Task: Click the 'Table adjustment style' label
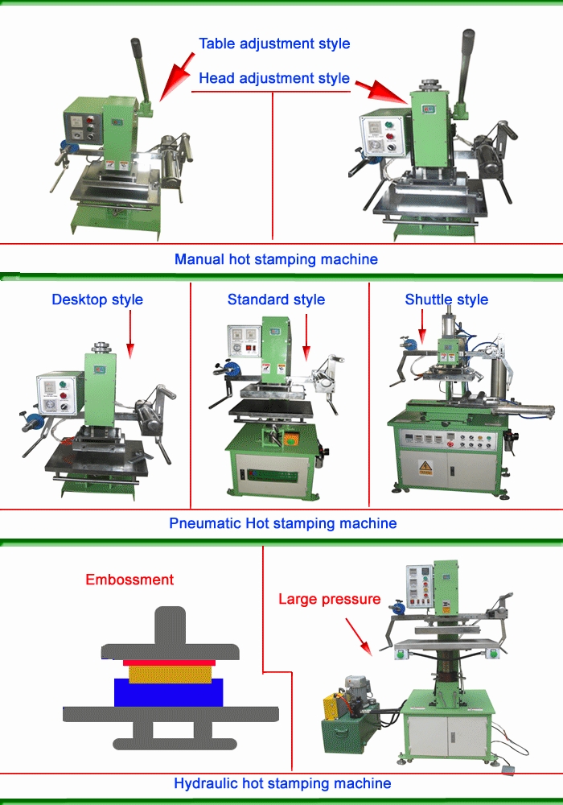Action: pos(274,44)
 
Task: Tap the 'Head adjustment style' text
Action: pos(274,79)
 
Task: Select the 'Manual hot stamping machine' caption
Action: pos(277,259)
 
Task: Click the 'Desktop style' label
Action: pos(97,299)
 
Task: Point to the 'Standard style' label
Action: pos(277,299)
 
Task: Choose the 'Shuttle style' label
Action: pos(446,299)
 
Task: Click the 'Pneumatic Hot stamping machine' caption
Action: pos(283,523)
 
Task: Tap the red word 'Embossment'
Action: pos(129,580)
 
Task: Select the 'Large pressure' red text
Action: pos(330,599)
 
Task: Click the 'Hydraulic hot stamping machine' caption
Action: pos(282,783)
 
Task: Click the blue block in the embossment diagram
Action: pos(169,693)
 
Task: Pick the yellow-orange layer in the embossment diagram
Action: pos(170,674)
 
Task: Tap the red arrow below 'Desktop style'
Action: pos(130,334)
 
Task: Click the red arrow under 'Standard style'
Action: pos(306,336)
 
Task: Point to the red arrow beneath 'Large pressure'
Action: pos(359,637)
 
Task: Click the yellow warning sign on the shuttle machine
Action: pos(425,468)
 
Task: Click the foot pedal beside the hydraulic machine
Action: pos(508,770)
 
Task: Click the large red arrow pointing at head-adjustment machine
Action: pos(381,92)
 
